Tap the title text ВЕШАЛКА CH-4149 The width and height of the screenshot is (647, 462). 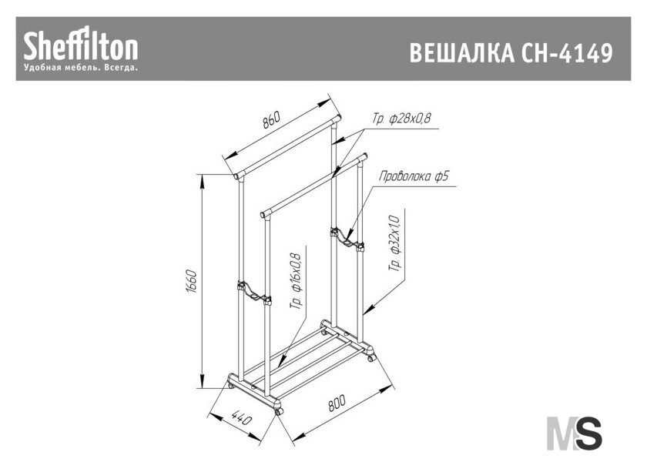click(511, 53)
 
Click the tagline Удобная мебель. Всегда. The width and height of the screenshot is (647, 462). click(80, 67)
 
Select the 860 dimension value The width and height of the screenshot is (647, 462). click(271, 119)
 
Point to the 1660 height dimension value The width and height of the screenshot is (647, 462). click(191, 282)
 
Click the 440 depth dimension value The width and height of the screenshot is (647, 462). click(240, 417)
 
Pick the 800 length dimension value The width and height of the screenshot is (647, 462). click(337, 403)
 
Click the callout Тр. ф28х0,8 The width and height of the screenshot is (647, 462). click(401, 119)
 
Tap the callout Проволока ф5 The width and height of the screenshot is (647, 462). click(414, 176)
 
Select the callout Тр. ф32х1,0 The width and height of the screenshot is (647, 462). click(394, 243)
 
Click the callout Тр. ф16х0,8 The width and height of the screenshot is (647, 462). click(297, 281)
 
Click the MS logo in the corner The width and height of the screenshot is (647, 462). click(574, 433)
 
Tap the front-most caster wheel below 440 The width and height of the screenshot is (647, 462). click(279, 412)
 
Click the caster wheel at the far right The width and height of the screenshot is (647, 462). click(371, 358)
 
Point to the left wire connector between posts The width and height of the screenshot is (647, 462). click(253, 292)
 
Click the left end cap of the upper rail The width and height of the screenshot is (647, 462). click(238, 176)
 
